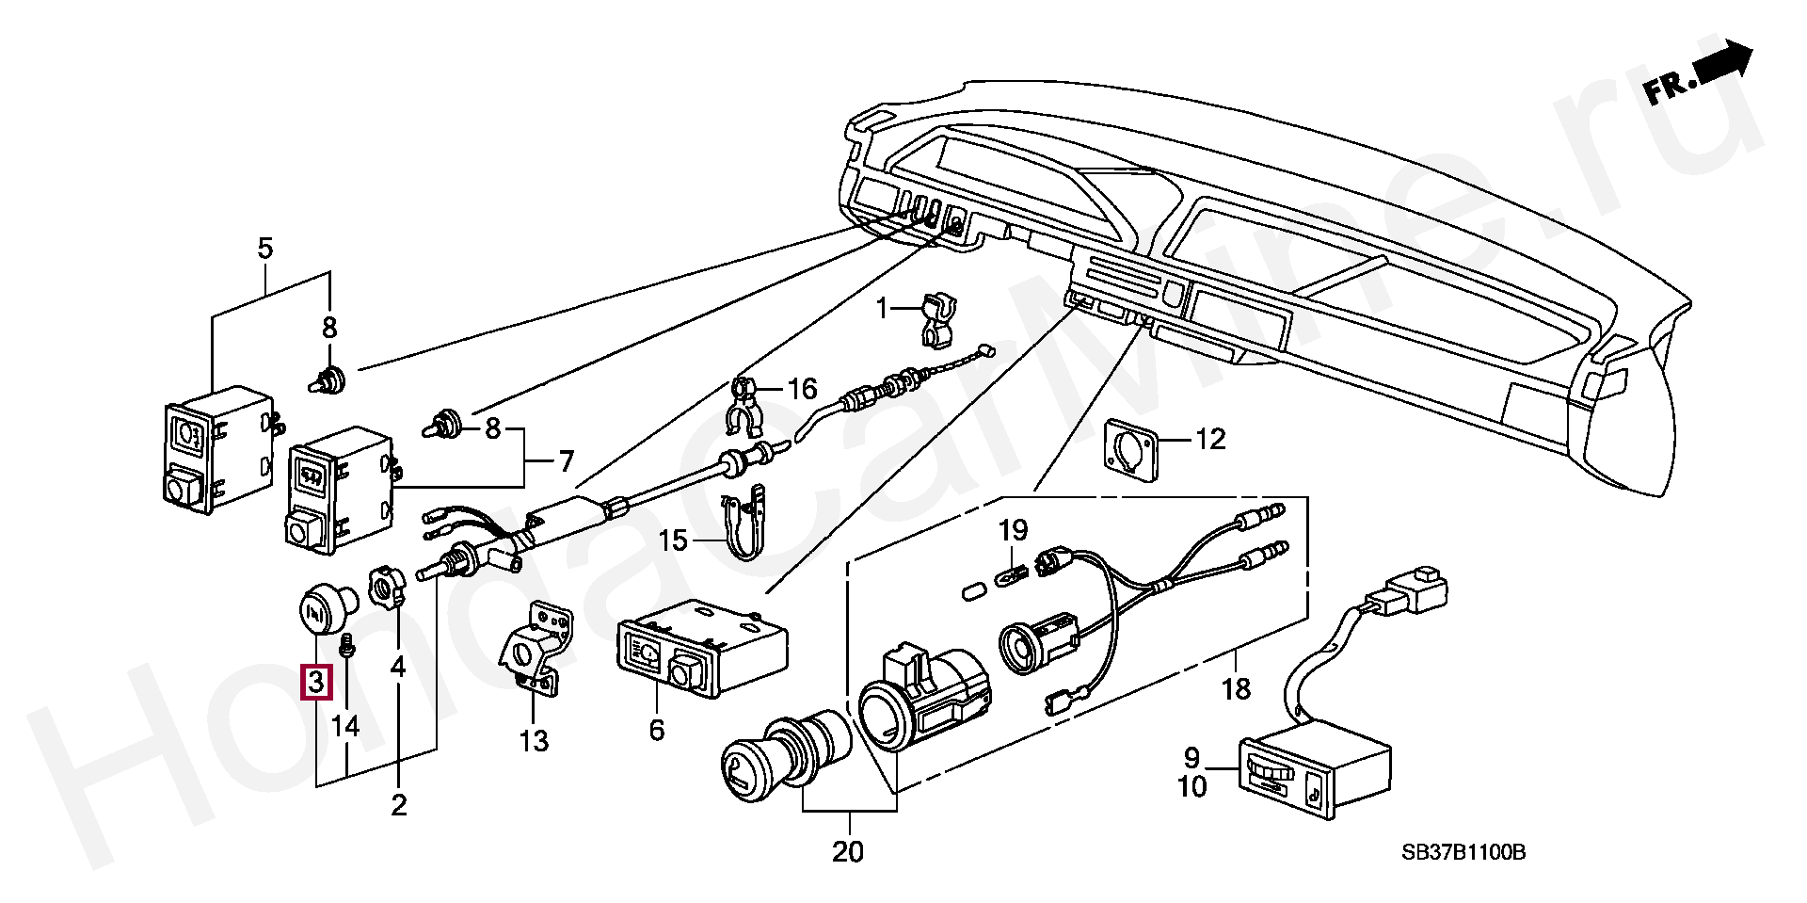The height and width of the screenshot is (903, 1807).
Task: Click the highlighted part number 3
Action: click(x=315, y=682)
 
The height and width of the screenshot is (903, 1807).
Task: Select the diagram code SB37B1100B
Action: click(x=1463, y=853)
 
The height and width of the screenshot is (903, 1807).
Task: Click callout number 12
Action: click(x=1210, y=439)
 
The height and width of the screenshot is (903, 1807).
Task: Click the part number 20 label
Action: click(x=847, y=852)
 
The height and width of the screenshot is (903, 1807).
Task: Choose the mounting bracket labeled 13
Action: click(x=534, y=650)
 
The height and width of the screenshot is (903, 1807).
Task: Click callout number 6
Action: click(x=656, y=730)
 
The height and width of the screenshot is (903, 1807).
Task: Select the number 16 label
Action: click(x=802, y=389)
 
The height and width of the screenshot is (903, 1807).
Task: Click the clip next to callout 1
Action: click(x=935, y=318)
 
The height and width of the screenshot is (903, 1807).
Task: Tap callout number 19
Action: click(x=1013, y=530)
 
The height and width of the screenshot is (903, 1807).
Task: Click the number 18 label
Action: click(x=1236, y=689)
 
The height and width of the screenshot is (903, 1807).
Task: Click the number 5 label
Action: click(x=264, y=249)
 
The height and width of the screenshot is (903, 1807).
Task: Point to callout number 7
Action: click(x=566, y=462)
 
